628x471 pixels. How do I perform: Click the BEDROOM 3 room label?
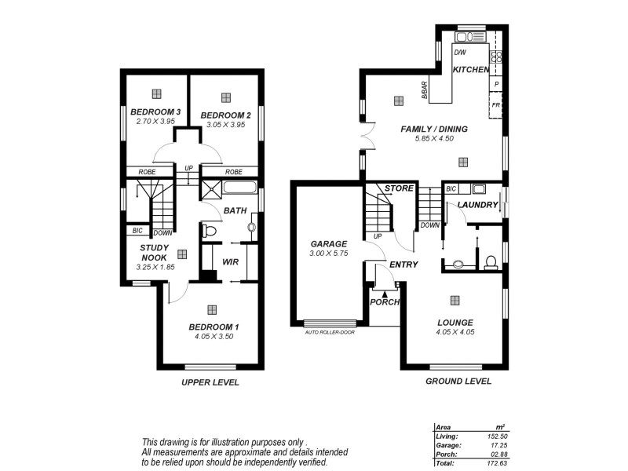pos(155,112)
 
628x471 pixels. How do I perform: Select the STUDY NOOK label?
pos(155,252)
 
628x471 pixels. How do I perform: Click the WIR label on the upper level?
pos(230,262)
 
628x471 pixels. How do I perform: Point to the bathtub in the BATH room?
pos(239,188)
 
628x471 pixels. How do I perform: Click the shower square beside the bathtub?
pos(210,188)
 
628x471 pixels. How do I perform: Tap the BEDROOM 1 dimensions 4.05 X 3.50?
pos(213,336)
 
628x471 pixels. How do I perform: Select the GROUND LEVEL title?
pos(458,382)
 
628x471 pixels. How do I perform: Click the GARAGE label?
pos(328,244)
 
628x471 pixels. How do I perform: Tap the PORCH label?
pos(385,302)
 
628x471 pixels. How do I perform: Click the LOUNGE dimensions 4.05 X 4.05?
pos(455,332)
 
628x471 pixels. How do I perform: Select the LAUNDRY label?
pos(477,206)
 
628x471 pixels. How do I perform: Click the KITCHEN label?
pos(471,70)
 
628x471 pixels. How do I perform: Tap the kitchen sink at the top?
pos(469,36)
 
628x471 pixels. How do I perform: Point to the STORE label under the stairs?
pos(399,188)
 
